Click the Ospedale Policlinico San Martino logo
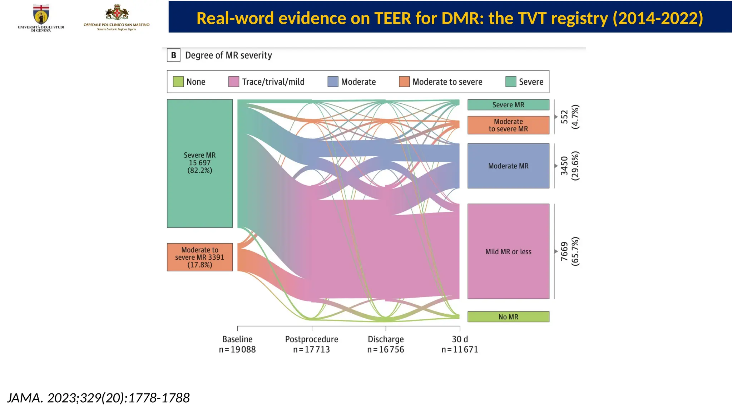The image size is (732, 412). pos(117,17)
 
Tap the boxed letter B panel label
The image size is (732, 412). pos(174,55)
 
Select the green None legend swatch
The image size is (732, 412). pos(178,82)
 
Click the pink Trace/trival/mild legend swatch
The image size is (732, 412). pos(233,82)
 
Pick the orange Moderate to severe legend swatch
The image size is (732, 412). pos(404,82)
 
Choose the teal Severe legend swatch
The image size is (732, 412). pos(510,82)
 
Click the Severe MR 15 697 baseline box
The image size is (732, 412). pos(199,163)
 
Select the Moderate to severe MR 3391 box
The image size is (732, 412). pos(199,257)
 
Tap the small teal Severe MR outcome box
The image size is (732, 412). pos(508,105)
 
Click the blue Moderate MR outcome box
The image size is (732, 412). pos(508,166)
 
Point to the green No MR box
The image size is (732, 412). pos(508,317)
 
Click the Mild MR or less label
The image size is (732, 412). pos(508,251)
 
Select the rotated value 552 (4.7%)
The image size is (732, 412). pos(570,117)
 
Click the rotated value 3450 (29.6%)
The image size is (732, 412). pos(570,166)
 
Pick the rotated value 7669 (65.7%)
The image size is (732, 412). pos(570,251)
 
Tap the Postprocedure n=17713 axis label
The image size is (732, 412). pos(311,344)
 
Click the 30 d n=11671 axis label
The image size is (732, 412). pos(460,344)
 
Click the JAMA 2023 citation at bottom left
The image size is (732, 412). pos(98,398)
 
